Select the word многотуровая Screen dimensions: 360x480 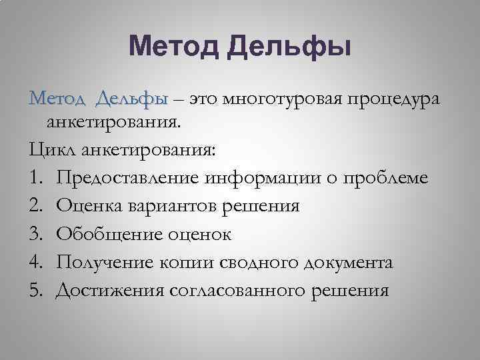coord(281,100)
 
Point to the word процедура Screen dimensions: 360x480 coord(392,100)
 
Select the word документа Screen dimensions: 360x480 coord(347,262)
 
